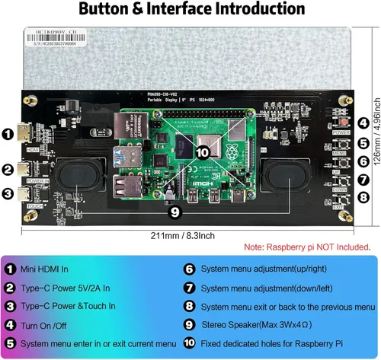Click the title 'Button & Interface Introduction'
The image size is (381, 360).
[190, 10]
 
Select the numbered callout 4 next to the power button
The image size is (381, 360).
[363, 123]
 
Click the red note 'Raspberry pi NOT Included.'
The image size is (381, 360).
[307, 247]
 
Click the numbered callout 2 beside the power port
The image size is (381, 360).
[7, 170]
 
